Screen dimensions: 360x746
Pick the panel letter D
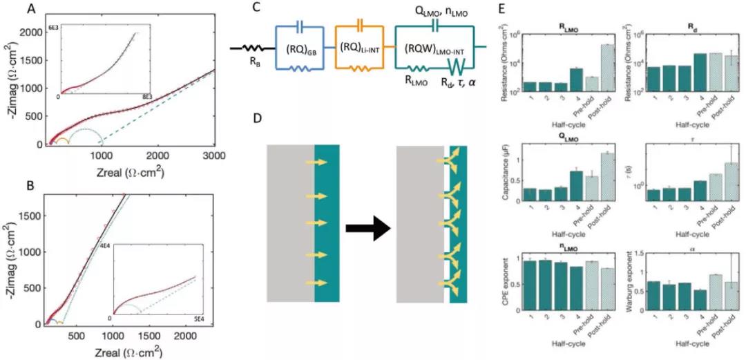[x=238, y=118]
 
